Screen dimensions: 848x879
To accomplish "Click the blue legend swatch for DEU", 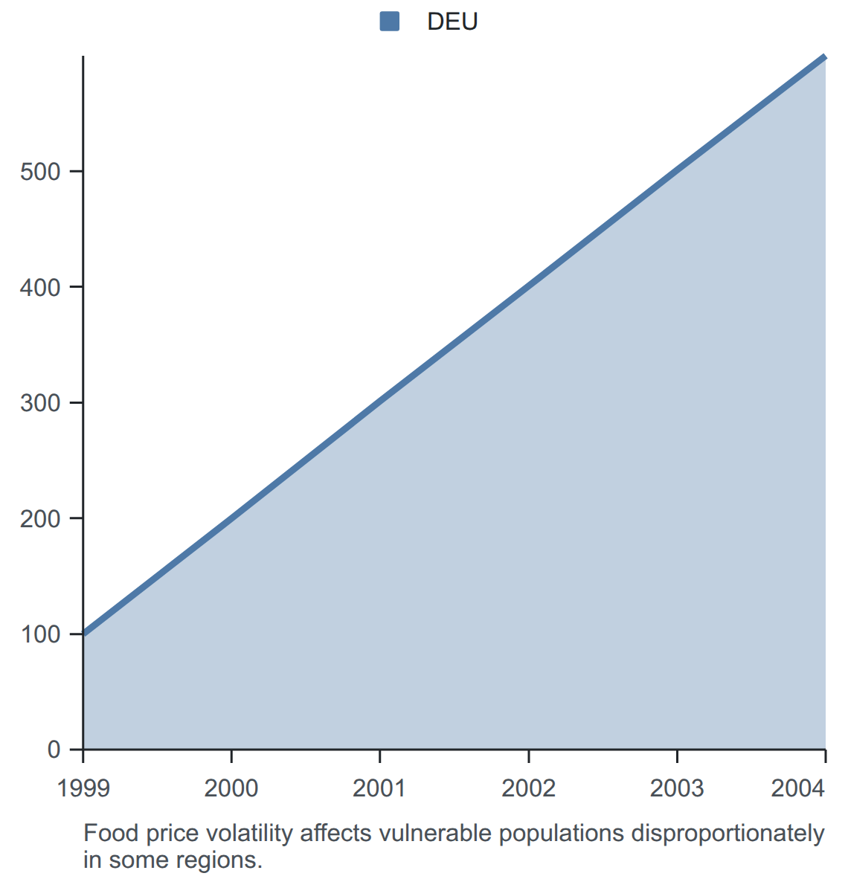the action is click(389, 22).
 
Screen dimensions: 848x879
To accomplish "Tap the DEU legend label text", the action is click(452, 22).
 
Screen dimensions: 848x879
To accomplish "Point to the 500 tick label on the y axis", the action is click(40, 172).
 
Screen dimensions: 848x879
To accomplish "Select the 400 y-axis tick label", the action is click(40, 288).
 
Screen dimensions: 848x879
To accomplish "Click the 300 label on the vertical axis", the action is click(40, 403).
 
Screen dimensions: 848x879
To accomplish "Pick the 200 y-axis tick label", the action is click(40, 519).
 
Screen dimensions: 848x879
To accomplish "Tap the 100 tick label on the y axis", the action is click(40, 634).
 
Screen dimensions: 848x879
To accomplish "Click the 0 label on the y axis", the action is click(54, 750).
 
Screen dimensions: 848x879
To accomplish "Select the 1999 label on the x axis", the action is click(83, 788).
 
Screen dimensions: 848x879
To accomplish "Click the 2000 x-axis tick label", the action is click(231, 788).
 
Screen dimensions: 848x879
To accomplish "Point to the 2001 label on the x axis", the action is click(379, 788).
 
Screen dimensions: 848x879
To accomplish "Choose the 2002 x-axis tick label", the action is click(528, 788).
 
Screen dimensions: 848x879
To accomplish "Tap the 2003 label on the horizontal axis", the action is click(677, 788).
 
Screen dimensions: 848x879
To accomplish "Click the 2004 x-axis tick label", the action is click(798, 788).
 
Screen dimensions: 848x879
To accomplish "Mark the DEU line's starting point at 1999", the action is click(83, 634).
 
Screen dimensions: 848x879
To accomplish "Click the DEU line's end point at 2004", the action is click(825, 56).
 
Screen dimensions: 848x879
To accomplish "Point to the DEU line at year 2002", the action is click(529, 287).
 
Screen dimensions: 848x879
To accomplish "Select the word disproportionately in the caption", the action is click(728, 834).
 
